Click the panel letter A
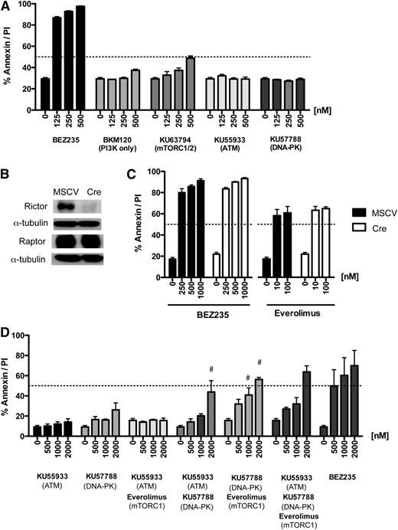[7, 6]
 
